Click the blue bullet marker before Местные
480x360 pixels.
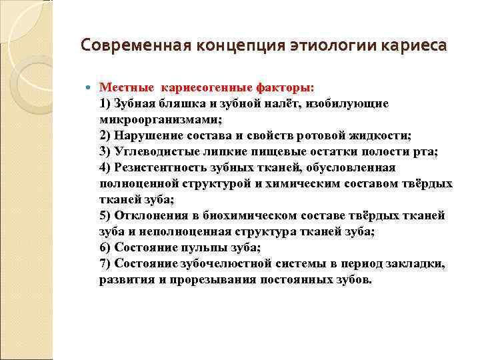[x=90, y=88]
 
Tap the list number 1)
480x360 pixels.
[x=107, y=103]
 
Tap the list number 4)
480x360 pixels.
[x=107, y=167]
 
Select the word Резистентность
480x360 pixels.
[x=161, y=167]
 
